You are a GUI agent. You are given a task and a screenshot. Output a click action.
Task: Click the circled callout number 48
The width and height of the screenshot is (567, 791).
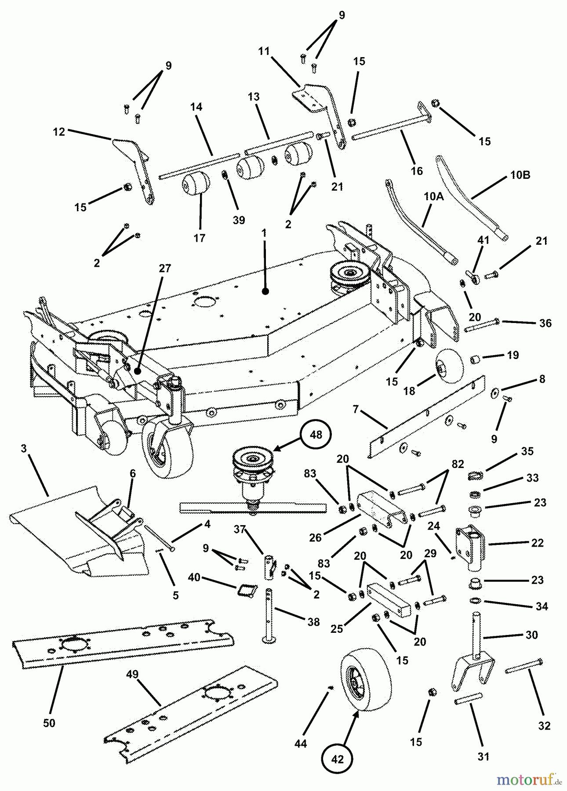[316, 435]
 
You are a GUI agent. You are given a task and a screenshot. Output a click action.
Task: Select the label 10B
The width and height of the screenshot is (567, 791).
[520, 175]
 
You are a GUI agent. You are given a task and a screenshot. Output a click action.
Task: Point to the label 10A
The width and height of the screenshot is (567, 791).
[433, 197]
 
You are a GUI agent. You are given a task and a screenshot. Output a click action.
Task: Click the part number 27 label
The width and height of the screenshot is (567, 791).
[164, 268]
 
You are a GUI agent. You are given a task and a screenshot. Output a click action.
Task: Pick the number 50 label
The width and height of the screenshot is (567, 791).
[49, 723]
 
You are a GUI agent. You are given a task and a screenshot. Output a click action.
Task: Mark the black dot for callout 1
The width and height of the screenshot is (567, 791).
[265, 291]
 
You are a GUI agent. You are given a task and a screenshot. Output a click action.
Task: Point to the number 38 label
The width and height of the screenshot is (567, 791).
[313, 622]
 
